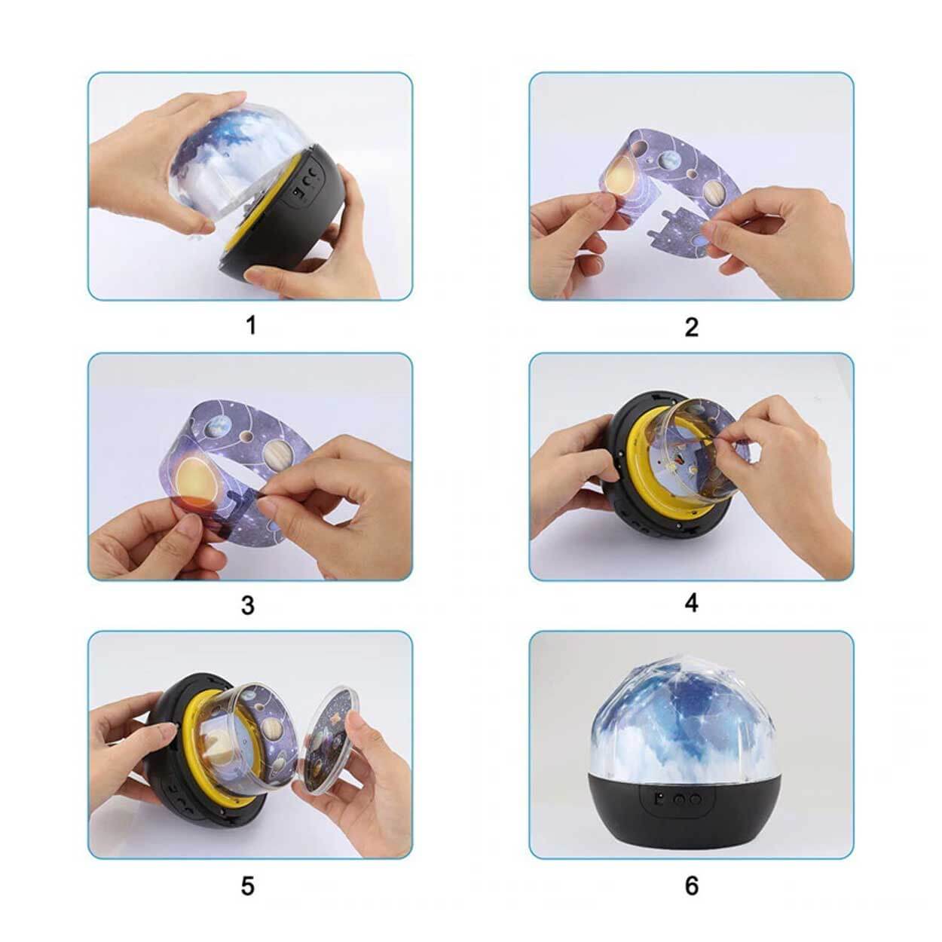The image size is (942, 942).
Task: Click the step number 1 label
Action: click(x=251, y=326)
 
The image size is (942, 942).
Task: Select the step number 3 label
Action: click(x=248, y=605)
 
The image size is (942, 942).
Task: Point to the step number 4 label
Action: click(x=691, y=603)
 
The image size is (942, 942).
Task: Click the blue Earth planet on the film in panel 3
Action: click(x=215, y=428)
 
